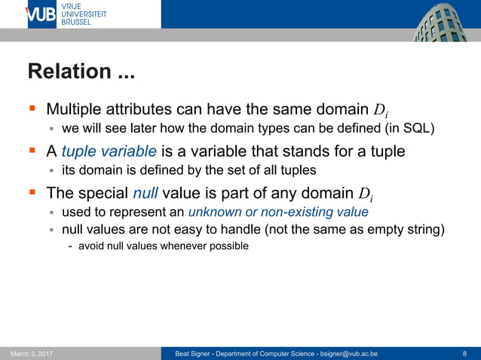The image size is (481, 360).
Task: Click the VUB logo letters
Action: click(41, 14)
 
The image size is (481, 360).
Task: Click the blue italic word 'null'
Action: click(145, 192)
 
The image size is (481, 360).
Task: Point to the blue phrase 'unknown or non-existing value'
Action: click(278, 212)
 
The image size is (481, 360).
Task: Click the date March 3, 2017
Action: click(32, 353)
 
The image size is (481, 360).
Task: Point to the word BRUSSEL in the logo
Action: click(76, 23)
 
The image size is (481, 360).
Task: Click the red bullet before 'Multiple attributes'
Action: click(32, 109)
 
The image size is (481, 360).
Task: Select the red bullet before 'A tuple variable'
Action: click(32, 151)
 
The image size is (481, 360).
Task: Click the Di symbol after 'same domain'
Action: click(382, 110)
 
